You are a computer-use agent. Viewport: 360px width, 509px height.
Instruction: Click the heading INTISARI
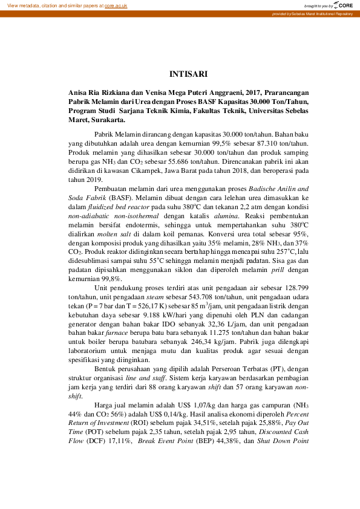[189, 74]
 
